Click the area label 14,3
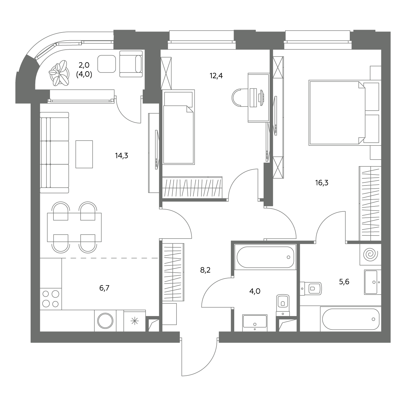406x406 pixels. [121, 156]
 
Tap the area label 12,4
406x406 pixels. [216, 76]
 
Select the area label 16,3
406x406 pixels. [322, 183]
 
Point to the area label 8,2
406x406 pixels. [205, 270]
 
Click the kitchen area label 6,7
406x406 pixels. [104, 288]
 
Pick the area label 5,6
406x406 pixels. [344, 282]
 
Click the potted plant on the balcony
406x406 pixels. [59, 73]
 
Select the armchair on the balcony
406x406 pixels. [131, 64]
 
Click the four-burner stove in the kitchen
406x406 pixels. [51, 299]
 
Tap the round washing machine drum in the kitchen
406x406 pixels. [105, 321]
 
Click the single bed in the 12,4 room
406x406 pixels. [178, 127]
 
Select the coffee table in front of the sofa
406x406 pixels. [84, 154]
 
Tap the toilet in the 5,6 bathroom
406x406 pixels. [311, 289]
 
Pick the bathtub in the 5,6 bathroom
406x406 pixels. [351, 319]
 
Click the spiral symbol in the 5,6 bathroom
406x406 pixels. [370, 254]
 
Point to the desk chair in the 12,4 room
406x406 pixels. [240, 98]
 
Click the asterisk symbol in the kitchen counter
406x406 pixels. [135, 321]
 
